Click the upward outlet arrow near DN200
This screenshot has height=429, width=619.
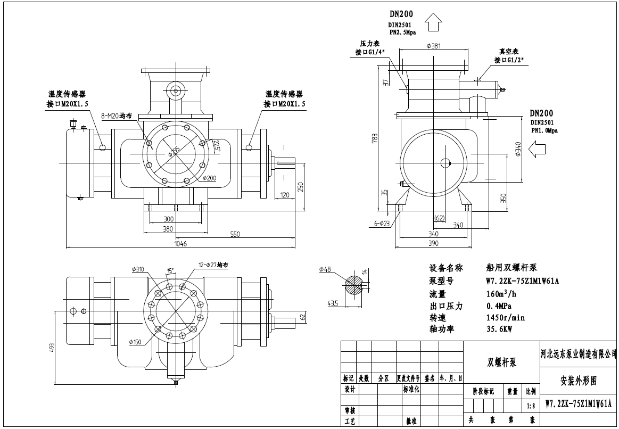434,24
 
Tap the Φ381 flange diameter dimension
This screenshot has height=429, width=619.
434,46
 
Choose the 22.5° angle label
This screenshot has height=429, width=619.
215,145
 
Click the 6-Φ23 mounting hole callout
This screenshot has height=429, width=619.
383,224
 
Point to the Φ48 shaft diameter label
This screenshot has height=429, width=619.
325,270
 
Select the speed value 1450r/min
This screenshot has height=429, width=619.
506,317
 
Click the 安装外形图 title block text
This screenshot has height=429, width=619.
579,381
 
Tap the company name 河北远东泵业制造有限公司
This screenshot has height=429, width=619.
579,353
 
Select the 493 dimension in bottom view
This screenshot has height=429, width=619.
52,346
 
